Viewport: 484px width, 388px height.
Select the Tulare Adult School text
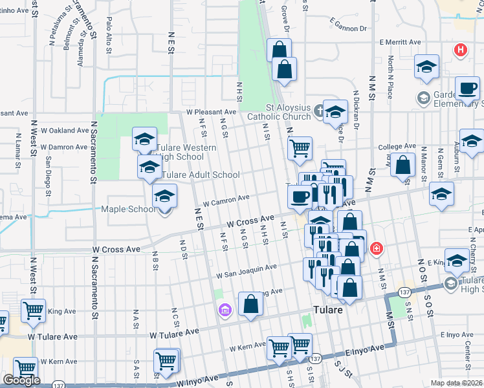[201, 175]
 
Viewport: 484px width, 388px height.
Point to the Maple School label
[127, 209]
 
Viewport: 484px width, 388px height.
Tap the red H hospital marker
[460, 49]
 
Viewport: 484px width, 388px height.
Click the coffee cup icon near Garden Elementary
[467, 89]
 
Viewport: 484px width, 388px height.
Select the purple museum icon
[225, 311]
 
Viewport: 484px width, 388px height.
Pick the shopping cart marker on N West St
[33, 310]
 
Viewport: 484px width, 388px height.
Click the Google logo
[21, 380]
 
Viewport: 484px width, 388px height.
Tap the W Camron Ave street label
[226, 200]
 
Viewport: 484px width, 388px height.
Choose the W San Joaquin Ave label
[247, 270]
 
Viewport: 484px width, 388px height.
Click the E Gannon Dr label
[347, 25]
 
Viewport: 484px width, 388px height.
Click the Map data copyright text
[457, 383]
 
